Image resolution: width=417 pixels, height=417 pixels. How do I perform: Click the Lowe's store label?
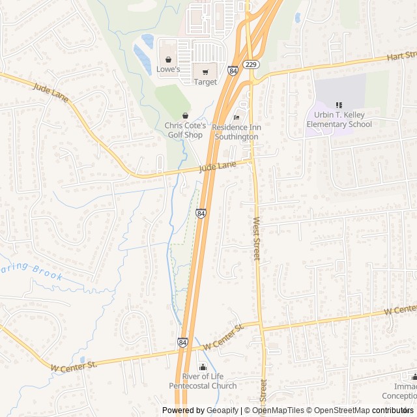(168, 69)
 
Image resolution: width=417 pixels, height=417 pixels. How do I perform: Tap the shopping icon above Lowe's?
(168, 59)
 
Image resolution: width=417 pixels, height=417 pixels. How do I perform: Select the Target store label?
(205, 82)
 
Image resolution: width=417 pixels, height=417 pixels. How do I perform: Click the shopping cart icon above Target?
(205, 72)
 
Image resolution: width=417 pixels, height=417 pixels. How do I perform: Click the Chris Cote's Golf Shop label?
(185, 130)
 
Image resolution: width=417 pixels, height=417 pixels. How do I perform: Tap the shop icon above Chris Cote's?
(186, 115)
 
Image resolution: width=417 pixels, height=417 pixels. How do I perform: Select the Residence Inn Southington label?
(236, 132)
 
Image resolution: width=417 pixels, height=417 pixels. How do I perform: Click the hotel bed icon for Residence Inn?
(236, 117)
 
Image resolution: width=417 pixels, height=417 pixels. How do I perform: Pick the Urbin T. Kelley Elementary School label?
(339, 120)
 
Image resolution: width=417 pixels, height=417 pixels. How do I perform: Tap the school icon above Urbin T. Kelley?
(339, 105)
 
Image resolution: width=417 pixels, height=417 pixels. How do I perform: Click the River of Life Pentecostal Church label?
(203, 381)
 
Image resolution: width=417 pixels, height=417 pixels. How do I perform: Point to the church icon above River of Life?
(203, 367)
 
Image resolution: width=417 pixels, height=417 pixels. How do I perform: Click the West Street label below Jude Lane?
(257, 239)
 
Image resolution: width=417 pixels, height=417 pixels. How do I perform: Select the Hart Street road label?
(401, 57)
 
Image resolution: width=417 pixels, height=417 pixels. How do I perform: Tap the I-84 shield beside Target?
(233, 70)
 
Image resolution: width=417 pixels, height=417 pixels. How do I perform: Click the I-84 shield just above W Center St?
(182, 341)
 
